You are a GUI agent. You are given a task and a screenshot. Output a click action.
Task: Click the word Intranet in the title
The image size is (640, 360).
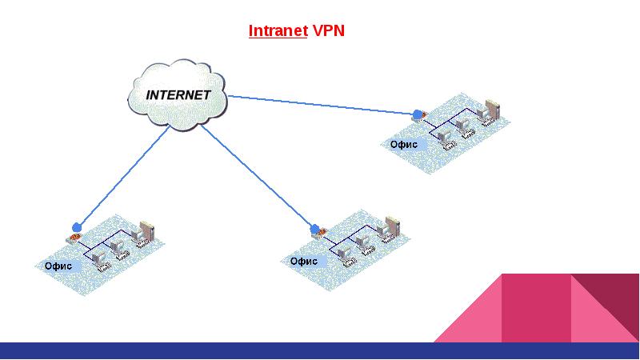coord(278,32)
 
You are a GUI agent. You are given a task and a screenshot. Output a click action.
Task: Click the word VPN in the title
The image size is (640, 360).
coord(328,32)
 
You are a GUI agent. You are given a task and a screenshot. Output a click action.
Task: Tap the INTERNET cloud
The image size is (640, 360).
coord(178,94)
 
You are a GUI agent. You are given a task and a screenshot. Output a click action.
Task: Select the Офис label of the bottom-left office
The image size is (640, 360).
coord(58,266)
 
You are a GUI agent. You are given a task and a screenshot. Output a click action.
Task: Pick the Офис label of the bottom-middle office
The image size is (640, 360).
coord(303,261)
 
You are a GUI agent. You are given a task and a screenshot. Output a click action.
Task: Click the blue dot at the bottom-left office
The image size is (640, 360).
coord(77,226)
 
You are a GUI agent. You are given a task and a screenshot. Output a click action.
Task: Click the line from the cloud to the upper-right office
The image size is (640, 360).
coord(320,105)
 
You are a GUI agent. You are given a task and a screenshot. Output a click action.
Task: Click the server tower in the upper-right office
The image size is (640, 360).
coord(493,107)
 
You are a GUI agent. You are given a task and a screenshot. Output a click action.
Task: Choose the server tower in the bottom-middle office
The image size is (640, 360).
coord(392,225)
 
